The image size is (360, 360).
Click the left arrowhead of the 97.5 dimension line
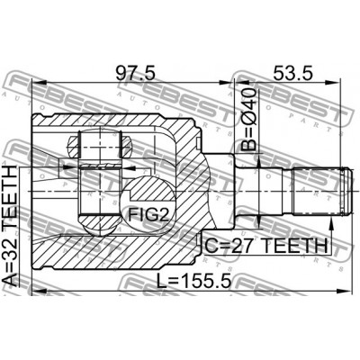pos(38,88)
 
